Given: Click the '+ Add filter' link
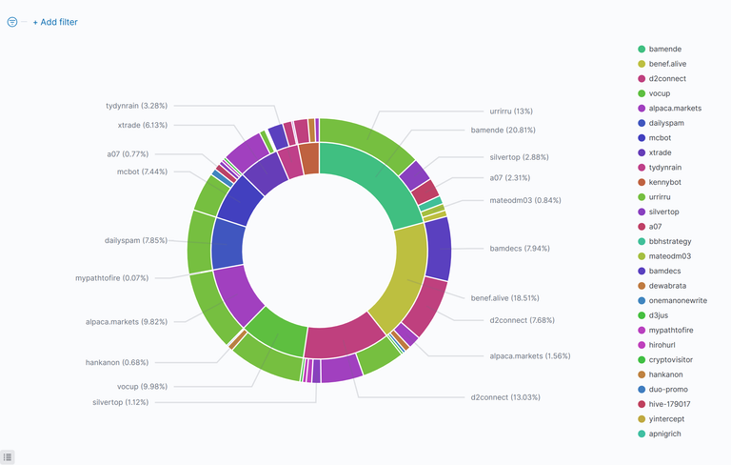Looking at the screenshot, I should pyautogui.click(x=55, y=21).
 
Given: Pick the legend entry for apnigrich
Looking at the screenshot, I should pyautogui.click(x=672, y=434).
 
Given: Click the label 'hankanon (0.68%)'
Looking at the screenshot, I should pyautogui.click(x=116, y=362).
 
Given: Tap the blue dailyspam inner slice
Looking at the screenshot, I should pyautogui.click(x=228, y=244).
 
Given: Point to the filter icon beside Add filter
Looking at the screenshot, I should pyautogui.click(x=12, y=21).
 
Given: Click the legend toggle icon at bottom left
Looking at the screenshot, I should pyautogui.click(x=8, y=457).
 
